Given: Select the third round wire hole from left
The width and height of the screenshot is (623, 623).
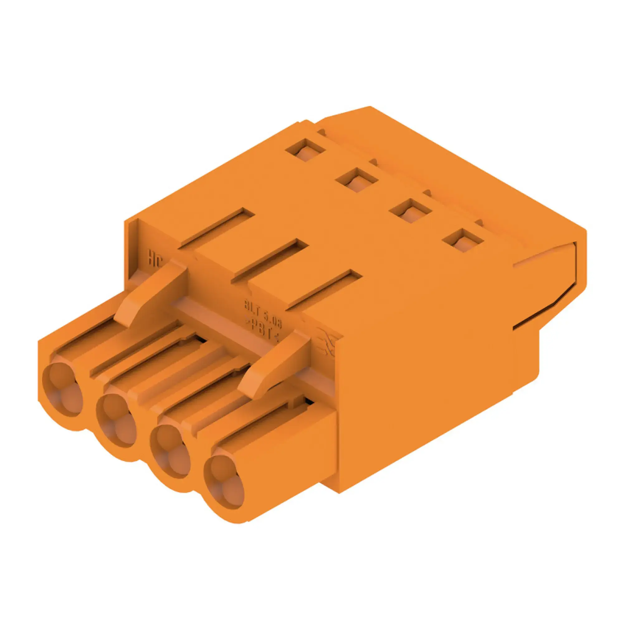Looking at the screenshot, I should coord(170,450).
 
